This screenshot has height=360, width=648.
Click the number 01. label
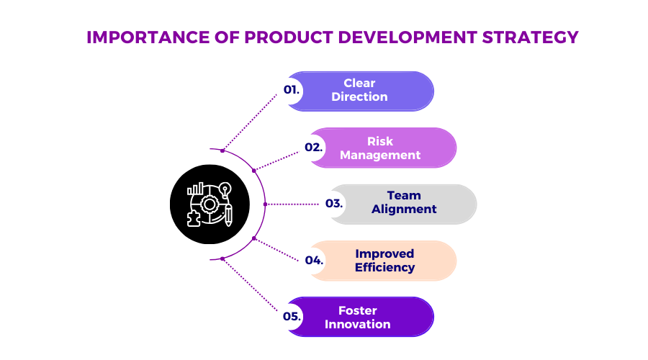[x=292, y=90]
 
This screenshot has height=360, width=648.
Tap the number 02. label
[x=314, y=147]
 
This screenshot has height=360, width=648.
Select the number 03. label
[x=334, y=203]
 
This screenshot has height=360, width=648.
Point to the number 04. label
[x=314, y=260]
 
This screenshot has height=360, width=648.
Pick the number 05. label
[x=292, y=316]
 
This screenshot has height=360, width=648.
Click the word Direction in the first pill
[x=359, y=96]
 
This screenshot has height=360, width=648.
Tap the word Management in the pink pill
[x=380, y=155]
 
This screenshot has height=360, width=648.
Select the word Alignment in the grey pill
[x=404, y=209]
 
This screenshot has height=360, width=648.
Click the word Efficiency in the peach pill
[x=384, y=267]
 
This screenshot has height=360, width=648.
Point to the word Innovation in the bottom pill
[x=357, y=324]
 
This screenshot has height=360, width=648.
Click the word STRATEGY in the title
[x=530, y=37]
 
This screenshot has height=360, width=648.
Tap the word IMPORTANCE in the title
[x=148, y=37]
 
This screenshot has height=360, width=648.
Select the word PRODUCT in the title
[x=289, y=37]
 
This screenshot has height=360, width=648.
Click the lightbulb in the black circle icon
[x=225, y=190]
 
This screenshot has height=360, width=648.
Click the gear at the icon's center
[x=210, y=204]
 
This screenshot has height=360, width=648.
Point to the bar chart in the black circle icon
[x=195, y=189]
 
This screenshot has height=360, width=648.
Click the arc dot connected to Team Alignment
[x=265, y=204]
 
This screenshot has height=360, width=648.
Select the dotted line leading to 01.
[x=251, y=122]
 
